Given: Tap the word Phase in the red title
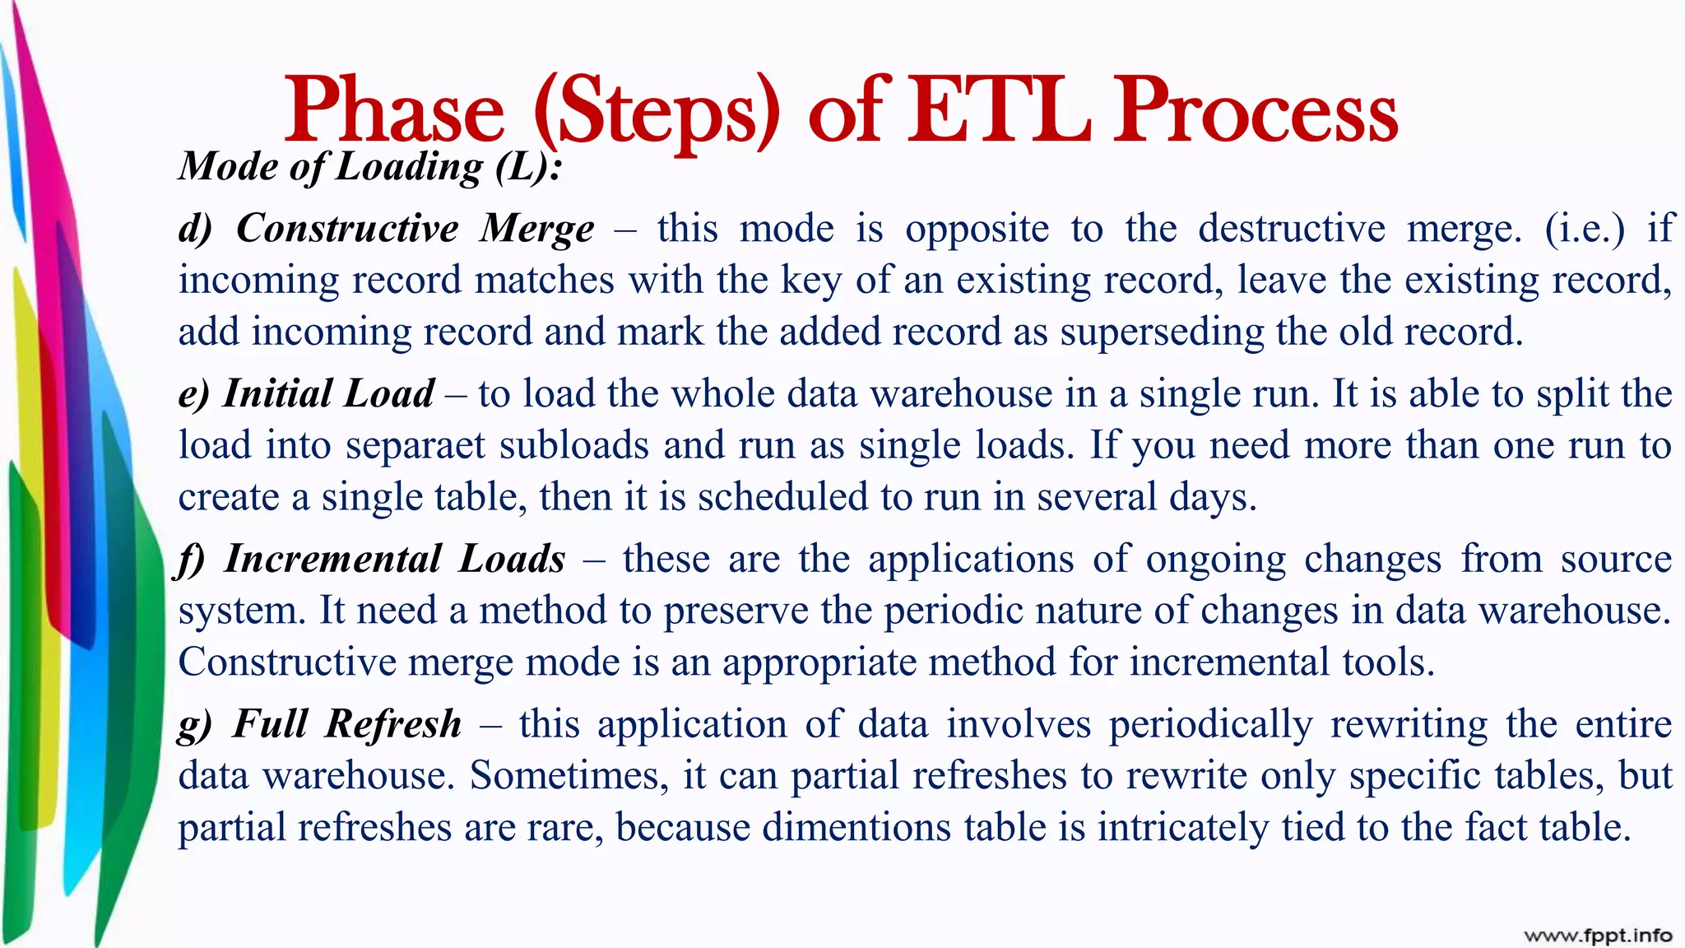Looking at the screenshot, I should [x=394, y=110].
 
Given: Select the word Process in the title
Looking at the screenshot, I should [x=1256, y=110].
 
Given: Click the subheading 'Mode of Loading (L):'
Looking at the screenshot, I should [x=371, y=166].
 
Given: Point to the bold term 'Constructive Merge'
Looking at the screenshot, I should [x=415, y=228].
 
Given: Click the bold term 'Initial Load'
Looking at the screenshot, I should [x=328, y=393].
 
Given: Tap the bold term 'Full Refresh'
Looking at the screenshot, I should [x=346, y=724].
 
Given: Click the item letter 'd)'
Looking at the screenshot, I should [x=195, y=229].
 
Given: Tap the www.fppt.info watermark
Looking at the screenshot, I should [x=1598, y=935].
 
